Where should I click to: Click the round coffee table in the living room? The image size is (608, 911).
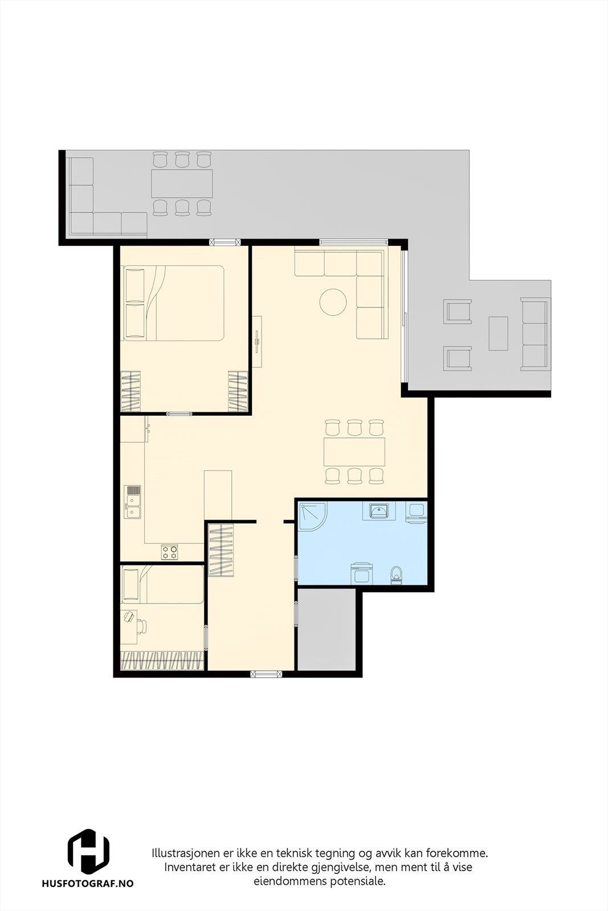coord(333,302)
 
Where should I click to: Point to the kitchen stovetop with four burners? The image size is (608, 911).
coord(170,551)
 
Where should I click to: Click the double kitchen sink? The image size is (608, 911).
coord(133,502)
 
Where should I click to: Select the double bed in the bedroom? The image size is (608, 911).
coord(173,303)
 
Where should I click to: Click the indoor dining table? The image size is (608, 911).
coord(354,452)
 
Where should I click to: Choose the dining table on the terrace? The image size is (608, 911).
coord(182,183)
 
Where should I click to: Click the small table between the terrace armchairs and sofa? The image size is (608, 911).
coord(498,333)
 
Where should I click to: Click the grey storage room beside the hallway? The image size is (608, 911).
coord(326,629)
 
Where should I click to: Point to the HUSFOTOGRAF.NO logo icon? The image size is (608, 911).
coord(88,851)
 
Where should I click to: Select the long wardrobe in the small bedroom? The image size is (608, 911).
coord(162,659)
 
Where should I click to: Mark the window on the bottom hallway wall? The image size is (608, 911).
coord(267,674)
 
